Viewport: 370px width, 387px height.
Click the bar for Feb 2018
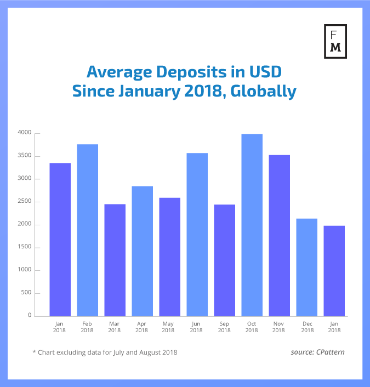point(87,230)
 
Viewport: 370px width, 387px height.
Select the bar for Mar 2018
point(115,260)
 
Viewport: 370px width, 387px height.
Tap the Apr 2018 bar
point(142,251)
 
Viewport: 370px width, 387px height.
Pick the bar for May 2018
point(169,257)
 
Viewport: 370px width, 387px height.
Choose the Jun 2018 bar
point(197,235)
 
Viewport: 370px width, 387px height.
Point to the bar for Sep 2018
point(224,260)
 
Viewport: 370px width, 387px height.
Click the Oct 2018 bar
point(252,225)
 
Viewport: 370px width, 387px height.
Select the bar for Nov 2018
point(279,236)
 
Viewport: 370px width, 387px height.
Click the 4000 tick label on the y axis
point(25,133)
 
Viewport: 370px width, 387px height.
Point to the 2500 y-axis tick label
point(25,202)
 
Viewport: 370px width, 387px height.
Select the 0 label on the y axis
point(30,316)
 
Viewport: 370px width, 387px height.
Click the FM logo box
point(335,41)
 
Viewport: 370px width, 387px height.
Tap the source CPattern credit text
point(317,352)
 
